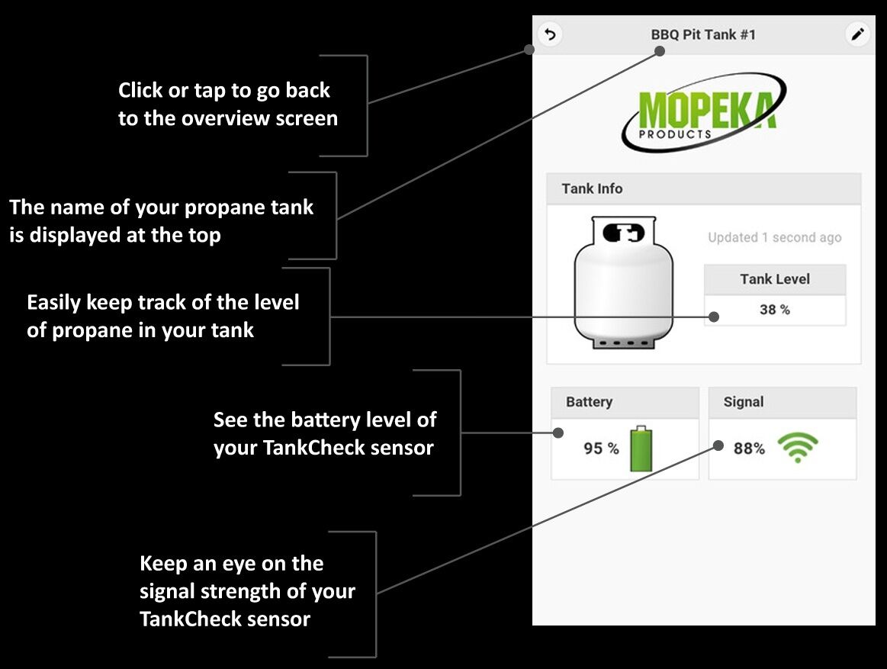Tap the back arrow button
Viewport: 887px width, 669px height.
point(550,34)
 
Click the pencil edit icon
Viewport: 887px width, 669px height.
point(858,34)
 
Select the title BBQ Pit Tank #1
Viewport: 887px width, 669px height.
point(703,34)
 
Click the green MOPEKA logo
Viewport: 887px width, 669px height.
point(704,113)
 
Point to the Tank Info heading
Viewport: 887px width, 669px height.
point(592,188)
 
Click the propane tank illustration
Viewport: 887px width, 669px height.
point(624,283)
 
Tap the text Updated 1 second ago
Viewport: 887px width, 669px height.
point(774,237)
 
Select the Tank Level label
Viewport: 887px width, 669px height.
point(774,279)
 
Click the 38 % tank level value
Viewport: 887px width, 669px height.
point(774,310)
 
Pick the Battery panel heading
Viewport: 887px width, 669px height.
point(589,402)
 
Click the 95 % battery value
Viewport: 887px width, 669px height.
point(601,449)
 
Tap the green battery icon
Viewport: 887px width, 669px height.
point(641,449)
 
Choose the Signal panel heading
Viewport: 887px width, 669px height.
point(743,402)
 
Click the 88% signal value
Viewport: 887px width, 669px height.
point(749,449)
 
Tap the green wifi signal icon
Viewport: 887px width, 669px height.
point(797,448)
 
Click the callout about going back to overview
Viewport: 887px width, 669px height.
point(227,105)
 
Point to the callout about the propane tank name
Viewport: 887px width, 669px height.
point(161,221)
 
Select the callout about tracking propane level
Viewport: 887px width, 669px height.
point(163,316)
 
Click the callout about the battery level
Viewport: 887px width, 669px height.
point(325,433)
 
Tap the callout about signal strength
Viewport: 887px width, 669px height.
point(247,591)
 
